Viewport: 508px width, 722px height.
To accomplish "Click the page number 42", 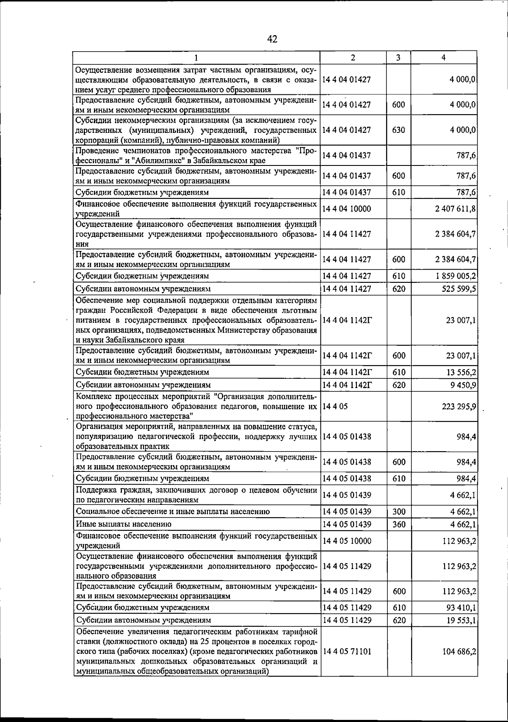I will (272, 39).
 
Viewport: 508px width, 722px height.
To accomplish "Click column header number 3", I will (398, 58).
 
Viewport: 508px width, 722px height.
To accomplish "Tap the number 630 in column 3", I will (398, 130).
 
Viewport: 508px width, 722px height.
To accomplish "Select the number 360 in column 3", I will (399, 524).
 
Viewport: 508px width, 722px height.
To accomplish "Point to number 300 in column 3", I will (399, 512).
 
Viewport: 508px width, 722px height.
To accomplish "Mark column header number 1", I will (196, 58).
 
